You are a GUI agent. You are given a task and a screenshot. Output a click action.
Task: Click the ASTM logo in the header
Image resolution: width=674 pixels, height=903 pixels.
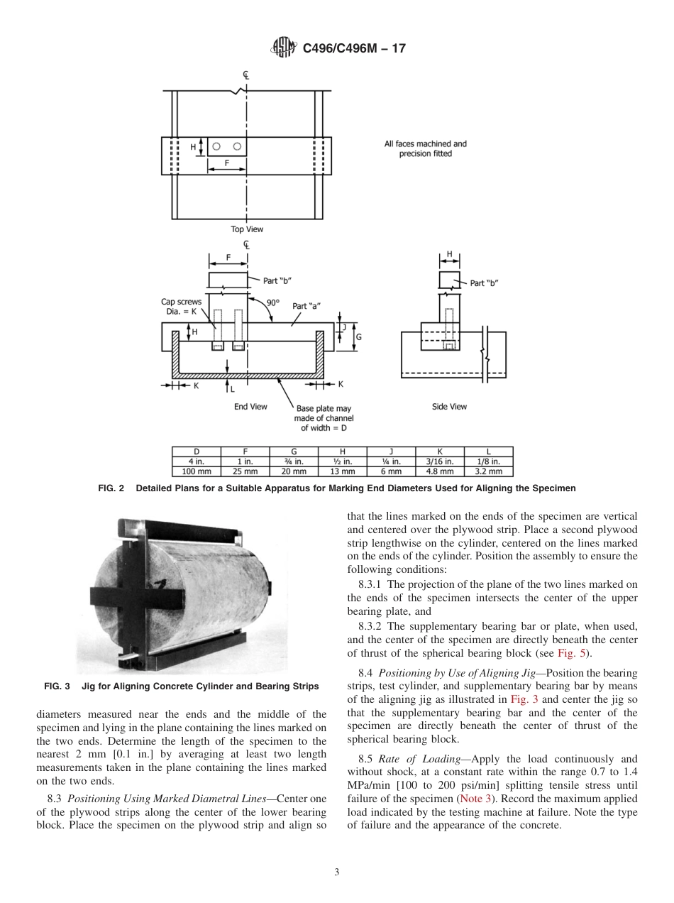point(284,48)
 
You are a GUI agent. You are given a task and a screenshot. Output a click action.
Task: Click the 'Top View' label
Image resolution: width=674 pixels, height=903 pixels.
point(246,229)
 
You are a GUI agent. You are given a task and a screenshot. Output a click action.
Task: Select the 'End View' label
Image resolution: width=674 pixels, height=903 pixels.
point(250,407)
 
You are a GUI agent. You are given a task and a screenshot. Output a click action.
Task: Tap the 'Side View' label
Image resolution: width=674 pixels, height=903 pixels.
point(449,407)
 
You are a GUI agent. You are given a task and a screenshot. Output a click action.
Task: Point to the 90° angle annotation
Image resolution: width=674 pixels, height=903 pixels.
point(272,302)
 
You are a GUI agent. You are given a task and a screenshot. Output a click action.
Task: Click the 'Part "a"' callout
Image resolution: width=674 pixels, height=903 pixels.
point(306,306)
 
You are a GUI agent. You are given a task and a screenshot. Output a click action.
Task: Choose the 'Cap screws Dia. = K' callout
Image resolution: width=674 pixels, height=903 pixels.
point(181,306)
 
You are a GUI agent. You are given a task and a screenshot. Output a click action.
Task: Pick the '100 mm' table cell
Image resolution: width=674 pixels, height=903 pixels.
point(197,471)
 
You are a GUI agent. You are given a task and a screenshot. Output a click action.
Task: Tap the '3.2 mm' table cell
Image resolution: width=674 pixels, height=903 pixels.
point(488,471)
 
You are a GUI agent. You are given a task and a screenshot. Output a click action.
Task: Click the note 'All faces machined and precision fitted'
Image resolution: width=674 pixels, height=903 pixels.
point(426,148)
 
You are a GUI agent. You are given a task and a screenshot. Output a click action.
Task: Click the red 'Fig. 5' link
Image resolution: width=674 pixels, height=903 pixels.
point(570,653)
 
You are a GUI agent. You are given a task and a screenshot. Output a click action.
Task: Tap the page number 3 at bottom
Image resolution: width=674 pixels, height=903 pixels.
point(336,872)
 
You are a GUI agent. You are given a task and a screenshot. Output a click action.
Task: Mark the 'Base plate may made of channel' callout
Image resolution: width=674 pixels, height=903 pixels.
point(324,418)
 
